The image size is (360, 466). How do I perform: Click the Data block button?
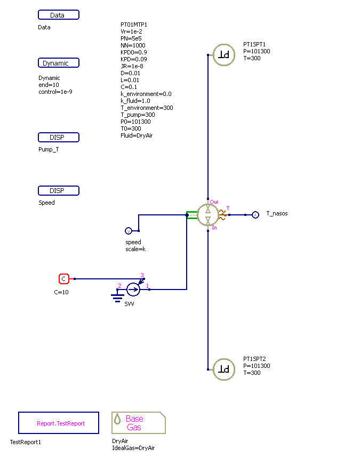(59, 15)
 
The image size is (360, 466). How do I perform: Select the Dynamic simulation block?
(59, 63)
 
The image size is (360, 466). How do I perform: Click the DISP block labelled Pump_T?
(59, 138)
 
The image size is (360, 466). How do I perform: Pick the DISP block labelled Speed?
(59, 191)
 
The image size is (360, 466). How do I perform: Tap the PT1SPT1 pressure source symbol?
(224, 54)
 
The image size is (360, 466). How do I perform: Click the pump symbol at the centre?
(208, 215)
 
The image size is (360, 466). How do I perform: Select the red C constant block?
(63, 278)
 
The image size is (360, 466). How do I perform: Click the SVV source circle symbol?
(133, 290)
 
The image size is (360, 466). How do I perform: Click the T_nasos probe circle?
(255, 215)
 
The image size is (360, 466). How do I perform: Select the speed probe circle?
(128, 231)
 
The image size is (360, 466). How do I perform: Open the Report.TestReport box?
(59, 423)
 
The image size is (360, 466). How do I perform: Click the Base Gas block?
(138, 423)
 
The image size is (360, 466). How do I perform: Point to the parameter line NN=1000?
(133, 45)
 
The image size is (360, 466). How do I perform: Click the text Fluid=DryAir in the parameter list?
(137, 135)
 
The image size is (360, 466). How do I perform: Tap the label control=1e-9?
(55, 92)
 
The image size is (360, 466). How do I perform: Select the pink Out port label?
(214, 202)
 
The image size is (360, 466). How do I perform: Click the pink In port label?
(214, 228)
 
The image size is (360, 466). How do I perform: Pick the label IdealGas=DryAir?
(133, 448)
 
